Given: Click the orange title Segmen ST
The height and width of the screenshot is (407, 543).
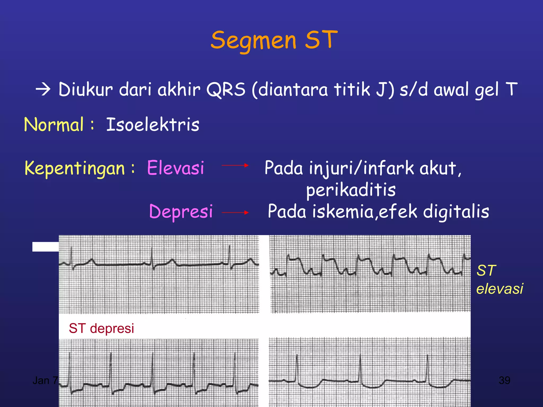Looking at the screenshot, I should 274,40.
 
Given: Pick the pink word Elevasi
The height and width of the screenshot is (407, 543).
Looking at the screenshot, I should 176,168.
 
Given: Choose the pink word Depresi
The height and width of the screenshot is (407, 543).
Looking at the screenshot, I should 181,211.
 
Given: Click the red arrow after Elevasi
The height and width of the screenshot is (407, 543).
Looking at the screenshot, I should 235,165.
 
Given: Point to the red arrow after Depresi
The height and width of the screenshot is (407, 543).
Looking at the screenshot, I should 235,212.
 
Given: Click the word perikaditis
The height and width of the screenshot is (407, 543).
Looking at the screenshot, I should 351,190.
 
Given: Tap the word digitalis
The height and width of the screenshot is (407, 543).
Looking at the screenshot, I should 456,211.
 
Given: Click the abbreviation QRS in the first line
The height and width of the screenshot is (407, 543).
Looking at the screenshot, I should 226,90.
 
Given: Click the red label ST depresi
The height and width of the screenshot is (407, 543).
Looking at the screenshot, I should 101,328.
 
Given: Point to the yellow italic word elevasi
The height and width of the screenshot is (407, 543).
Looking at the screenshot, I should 500,289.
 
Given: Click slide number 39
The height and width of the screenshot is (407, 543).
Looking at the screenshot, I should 504,381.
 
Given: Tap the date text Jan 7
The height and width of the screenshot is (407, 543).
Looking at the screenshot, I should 45,381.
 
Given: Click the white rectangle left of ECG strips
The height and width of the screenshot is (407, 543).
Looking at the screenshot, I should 45,247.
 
